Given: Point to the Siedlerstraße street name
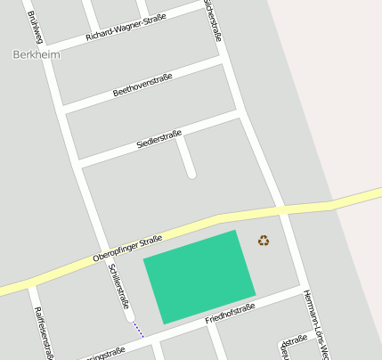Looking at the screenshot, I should point(158,139).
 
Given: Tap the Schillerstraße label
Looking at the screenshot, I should point(118,286).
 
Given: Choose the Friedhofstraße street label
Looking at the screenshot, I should point(230,313).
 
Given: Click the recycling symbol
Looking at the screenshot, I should point(264,240).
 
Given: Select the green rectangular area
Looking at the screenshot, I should point(199,276).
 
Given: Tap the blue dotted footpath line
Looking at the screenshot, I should point(138,329).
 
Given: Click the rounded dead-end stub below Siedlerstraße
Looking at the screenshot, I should point(191,174).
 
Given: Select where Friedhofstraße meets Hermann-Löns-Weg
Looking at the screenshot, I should point(301,288).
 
